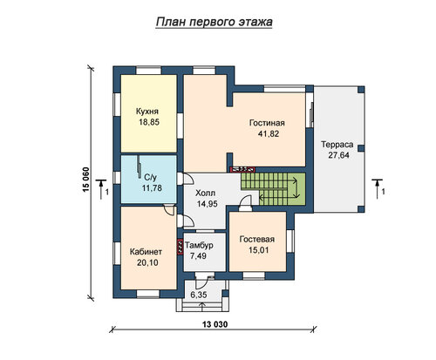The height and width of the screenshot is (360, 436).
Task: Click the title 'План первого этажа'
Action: [x=214, y=22]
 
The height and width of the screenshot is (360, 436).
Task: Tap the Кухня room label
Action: [x=147, y=112]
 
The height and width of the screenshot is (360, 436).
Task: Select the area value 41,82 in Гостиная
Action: [x=269, y=133]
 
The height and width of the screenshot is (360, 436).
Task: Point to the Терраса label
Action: [x=337, y=145]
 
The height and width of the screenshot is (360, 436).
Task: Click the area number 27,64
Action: [x=338, y=155]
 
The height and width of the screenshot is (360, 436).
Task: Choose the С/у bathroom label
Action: [x=151, y=177]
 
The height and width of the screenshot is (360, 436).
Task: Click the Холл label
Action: [x=206, y=193]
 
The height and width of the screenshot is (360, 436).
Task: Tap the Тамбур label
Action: [x=199, y=246]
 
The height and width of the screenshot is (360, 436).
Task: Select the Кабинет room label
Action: [x=146, y=252]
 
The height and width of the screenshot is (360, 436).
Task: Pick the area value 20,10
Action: [x=147, y=262]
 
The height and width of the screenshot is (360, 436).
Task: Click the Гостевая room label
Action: [x=257, y=239]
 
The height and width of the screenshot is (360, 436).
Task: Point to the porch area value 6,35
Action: [x=199, y=295]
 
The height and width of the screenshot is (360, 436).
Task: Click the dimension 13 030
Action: [x=215, y=324]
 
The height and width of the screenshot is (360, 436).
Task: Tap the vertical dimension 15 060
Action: [x=86, y=180]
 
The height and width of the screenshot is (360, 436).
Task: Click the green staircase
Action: [x=273, y=189]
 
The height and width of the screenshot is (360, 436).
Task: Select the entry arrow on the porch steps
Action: [x=202, y=307]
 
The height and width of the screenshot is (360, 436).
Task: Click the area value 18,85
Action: [x=149, y=122]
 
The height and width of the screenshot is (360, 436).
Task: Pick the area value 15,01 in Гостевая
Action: [x=258, y=250]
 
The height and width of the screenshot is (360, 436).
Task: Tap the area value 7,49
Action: [x=198, y=255]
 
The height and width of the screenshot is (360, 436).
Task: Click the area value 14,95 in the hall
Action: [x=207, y=204]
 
